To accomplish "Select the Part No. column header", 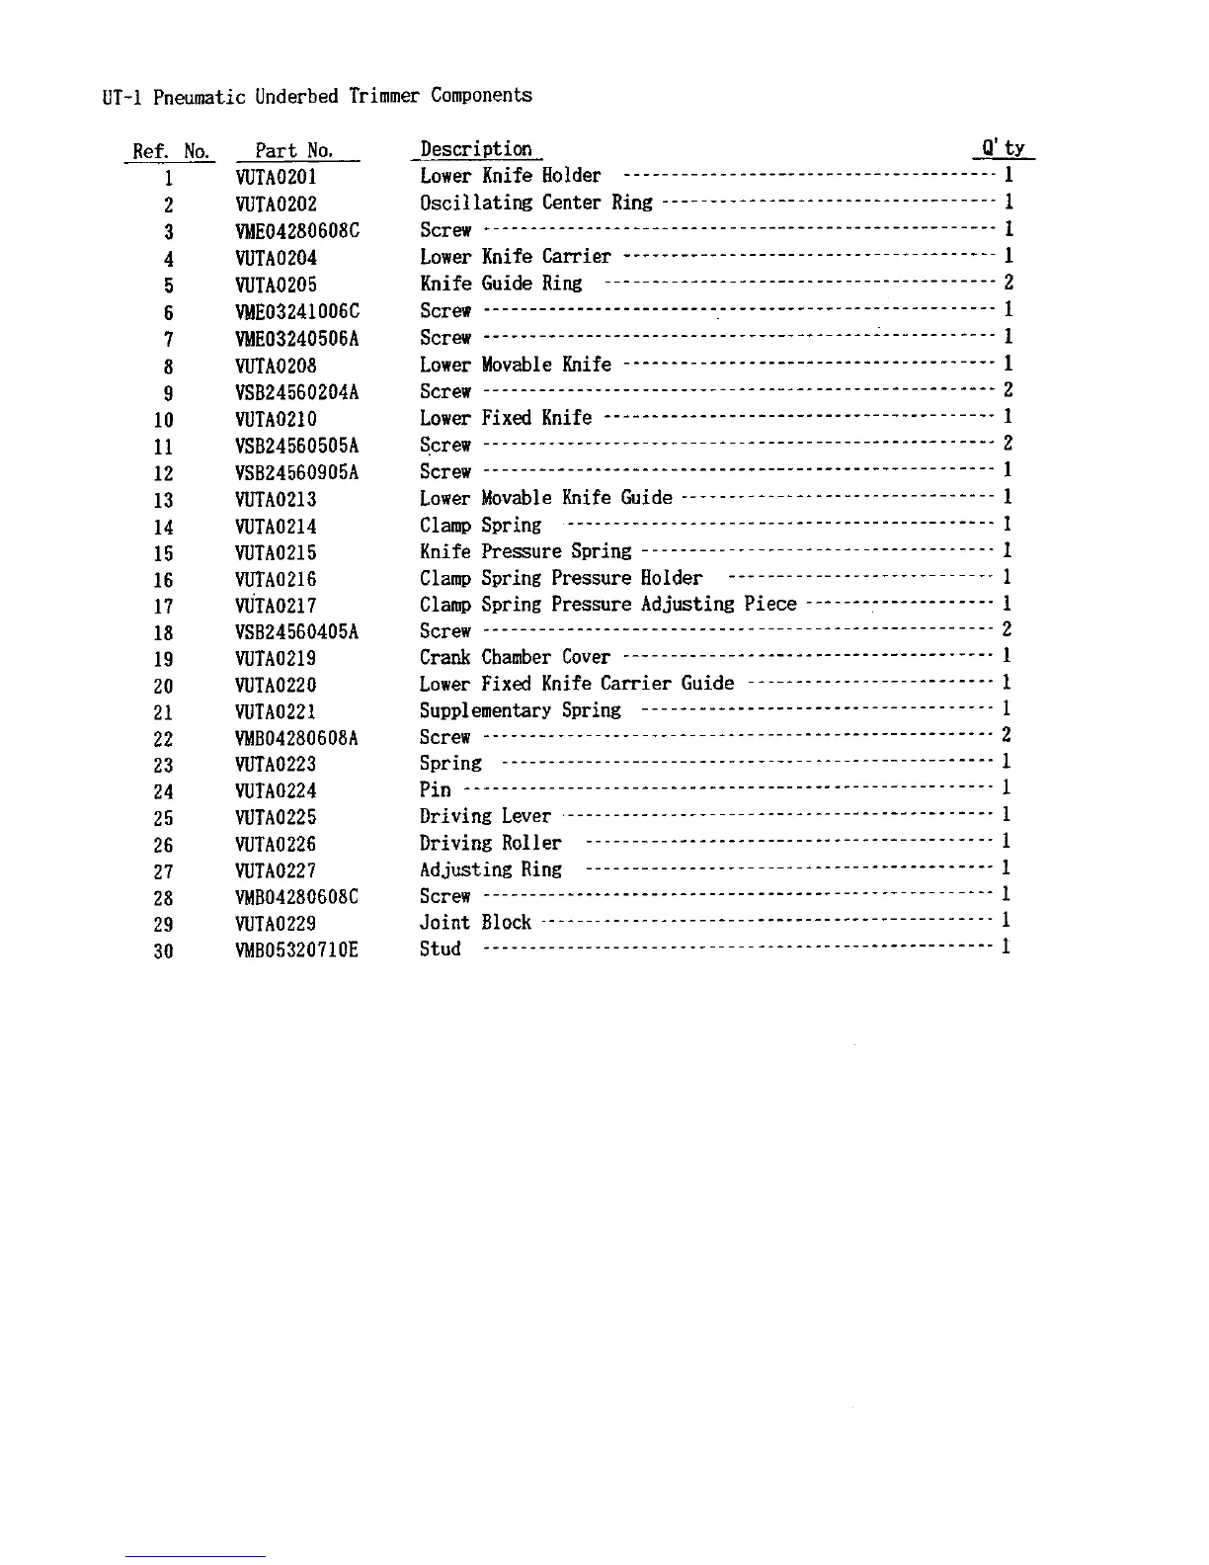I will point(294,151).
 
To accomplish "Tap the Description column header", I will point(476,149).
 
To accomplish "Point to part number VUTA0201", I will point(277,178).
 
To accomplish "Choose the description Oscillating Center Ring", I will point(536,203).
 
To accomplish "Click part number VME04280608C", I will point(297,231).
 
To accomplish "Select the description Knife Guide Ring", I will point(501,284).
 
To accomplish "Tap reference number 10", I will point(163,420).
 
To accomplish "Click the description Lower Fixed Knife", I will point(506,418).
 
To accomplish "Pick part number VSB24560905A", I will point(297,473).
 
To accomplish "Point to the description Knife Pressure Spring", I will point(525,551).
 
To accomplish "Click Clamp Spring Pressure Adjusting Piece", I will point(607,604).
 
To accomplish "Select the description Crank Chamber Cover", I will point(515,657).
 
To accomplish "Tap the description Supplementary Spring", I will point(521,710).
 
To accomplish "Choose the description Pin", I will point(436,789).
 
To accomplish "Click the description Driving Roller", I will point(491,843).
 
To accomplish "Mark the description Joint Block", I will point(475,922).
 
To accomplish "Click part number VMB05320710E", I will point(297,950).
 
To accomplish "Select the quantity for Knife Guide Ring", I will point(1007,283).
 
